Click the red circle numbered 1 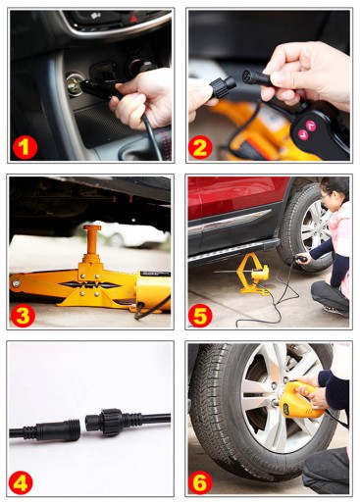(26, 147)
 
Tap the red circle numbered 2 (200, 147)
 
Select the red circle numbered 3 (23, 315)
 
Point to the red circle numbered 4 (21, 482)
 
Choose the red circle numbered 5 (200, 315)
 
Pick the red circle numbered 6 (200, 482)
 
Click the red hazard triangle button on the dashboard (133, 19)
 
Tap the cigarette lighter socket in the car (75, 83)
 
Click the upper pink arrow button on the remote (311, 125)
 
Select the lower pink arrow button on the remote (303, 134)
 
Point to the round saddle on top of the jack (92, 227)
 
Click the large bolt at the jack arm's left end (16, 283)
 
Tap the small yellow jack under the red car (253, 275)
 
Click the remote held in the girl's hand (302, 260)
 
